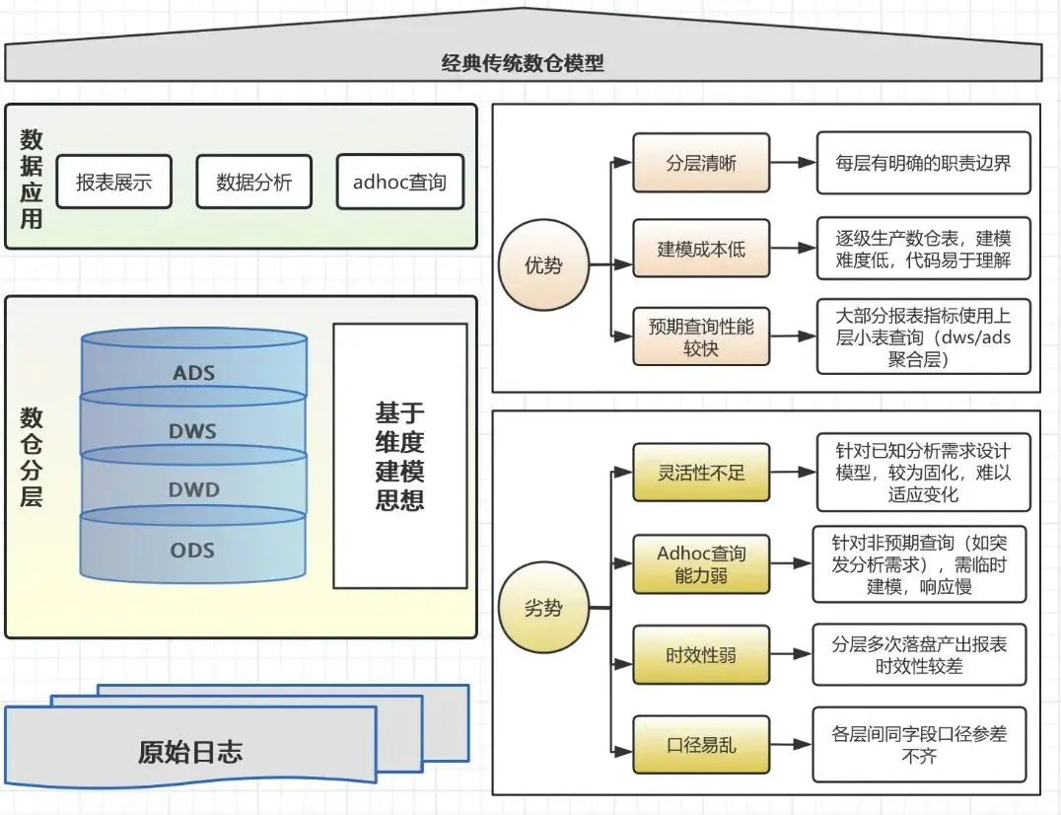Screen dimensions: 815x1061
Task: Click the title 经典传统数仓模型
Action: coord(523,64)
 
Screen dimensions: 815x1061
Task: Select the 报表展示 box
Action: coord(114,182)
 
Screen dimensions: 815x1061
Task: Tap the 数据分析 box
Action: coord(254,182)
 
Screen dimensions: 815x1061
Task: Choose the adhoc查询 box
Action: coord(399,182)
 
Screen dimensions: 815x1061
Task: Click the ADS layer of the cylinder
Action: coord(193,373)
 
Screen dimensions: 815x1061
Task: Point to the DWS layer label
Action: coord(193,431)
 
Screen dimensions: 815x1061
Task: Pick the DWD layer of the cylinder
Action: coord(193,489)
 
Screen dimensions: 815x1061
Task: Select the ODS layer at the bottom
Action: coord(193,550)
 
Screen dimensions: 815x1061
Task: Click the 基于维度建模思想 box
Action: coord(399,455)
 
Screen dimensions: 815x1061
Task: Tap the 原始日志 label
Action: coord(189,753)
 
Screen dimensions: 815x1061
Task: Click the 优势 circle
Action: coord(543,264)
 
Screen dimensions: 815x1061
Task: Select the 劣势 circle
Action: coord(543,608)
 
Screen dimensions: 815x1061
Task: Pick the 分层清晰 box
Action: coord(700,163)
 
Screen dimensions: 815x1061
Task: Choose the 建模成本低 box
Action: coord(700,249)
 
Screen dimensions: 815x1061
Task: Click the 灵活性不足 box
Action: coord(700,473)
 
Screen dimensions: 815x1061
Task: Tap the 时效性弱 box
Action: coord(700,654)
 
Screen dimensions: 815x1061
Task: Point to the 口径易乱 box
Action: coord(700,745)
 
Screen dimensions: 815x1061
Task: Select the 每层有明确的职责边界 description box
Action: coord(923,163)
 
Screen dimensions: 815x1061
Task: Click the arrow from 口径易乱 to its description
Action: coord(790,745)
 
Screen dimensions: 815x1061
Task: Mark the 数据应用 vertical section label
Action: coord(32,179)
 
